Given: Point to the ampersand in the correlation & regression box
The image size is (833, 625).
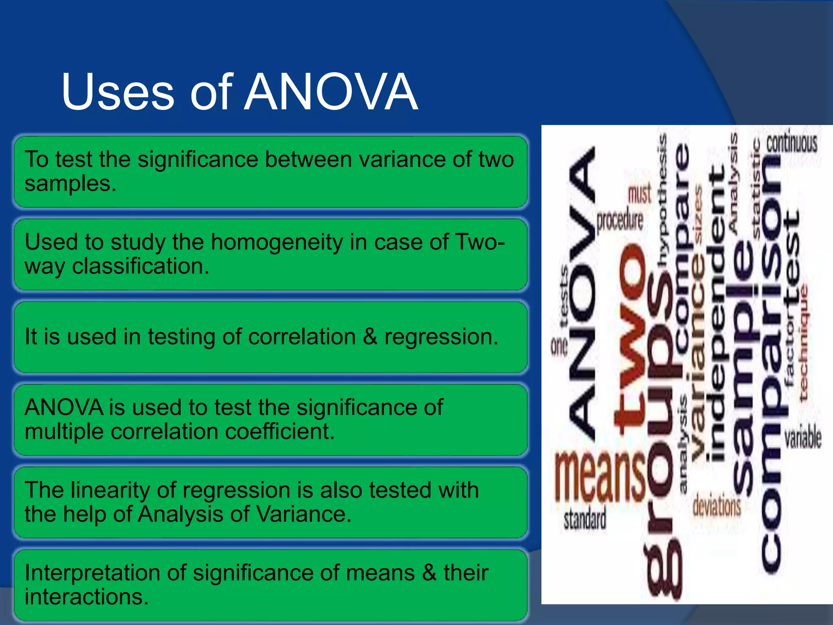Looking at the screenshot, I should pyautogui.click(x=370, y=337).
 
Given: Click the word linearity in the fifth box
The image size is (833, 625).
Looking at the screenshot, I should pyautogui.click(x=110, y=490).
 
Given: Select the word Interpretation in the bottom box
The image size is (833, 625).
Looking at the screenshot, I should pyautogui.click(x=92, y=573).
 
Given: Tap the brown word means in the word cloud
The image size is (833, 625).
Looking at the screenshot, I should pyautogui.click(x=600, y=476).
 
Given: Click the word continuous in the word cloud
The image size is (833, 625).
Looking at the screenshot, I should pyautogui.click(x=792, y=143).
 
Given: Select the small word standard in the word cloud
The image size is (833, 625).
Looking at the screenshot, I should pyautogui.click(x=584, y=520).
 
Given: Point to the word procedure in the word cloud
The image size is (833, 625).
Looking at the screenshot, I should pyautogui.click(x=619, y=220).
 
